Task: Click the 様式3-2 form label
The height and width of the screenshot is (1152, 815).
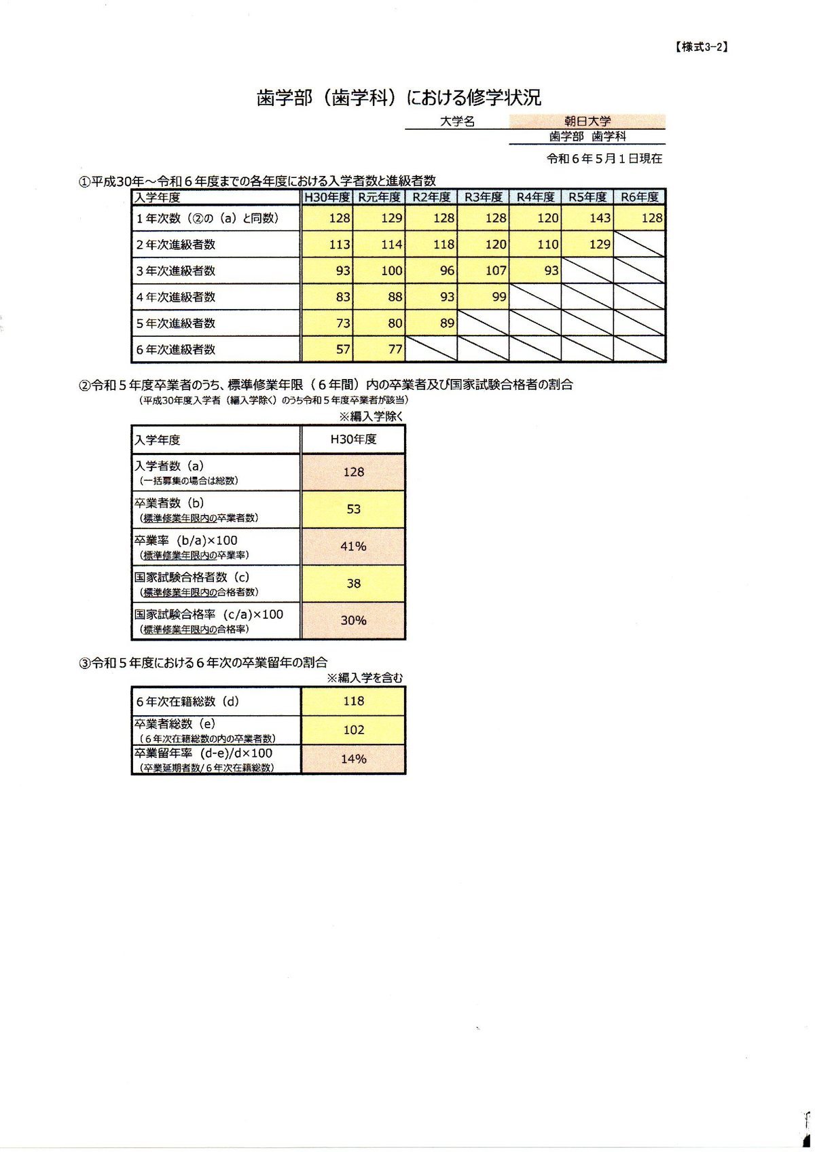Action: (x=702, y=47)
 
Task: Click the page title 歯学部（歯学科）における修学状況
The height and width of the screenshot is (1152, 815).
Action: (x=399, y=98)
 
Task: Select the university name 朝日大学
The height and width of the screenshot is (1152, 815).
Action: (x=587, y=122)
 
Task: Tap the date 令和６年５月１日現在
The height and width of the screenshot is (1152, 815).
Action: (x=604, y=159)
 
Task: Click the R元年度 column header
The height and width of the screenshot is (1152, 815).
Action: (x=380, y=197)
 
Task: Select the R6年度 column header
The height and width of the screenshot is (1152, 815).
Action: (x=640, y=197)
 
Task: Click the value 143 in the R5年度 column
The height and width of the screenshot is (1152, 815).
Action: (x=600, y=218)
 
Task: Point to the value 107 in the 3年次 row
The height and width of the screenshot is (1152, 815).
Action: (x=496, y=270)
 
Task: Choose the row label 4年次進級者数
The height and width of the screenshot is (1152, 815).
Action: (x=176, y=297)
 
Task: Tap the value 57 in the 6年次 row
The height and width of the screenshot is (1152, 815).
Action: (x=343, y=350)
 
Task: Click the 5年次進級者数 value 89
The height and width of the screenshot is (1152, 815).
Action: (x=447, y=323)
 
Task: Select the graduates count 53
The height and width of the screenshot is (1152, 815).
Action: (x=353, y=509)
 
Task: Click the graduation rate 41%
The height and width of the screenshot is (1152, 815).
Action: (x=353, y=546)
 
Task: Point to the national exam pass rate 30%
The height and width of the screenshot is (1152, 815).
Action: (x=353, y=620)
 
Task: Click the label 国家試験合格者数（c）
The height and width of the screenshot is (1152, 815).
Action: (x=192, y=577)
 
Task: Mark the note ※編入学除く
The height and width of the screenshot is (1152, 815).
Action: (x=371, y=416)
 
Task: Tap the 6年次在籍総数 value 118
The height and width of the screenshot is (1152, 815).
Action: (x=353, y=701)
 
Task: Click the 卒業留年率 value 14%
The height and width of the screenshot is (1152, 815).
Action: (x=353, y=759)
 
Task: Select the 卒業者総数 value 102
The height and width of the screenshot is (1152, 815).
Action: (x=353, y=730)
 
